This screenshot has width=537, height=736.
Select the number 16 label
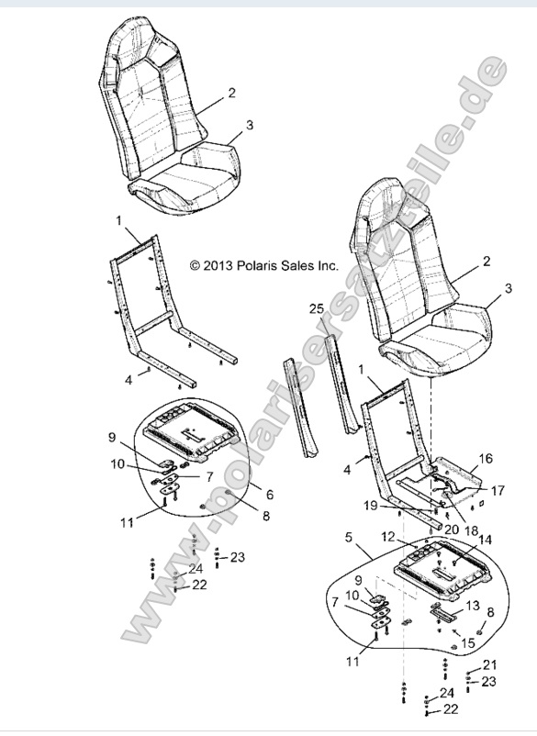(486, 456)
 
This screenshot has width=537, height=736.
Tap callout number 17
(497, 491)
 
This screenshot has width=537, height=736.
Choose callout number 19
(368, 505)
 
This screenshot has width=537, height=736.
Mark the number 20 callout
(451, 530)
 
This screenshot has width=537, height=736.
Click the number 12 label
(388, 536)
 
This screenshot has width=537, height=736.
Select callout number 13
(473, 605)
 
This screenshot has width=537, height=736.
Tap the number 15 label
(468, 643)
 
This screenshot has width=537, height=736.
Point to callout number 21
(489, 664)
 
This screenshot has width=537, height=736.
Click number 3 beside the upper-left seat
(250, 123)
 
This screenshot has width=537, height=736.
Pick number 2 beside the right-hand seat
(487, 262)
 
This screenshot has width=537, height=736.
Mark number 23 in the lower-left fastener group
(238, 557)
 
